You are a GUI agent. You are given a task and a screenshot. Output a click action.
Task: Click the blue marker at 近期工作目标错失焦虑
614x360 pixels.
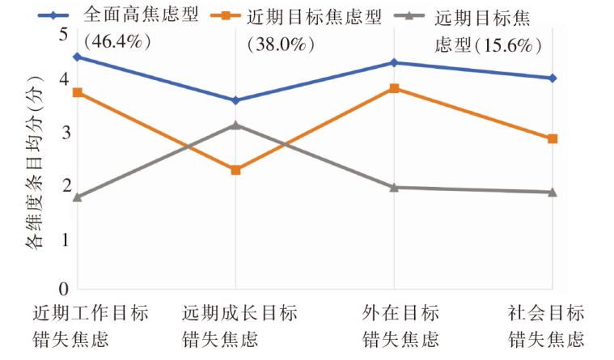[x=77, y=57]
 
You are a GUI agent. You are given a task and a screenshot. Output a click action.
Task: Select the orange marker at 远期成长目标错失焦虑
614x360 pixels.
[x=235, y=170]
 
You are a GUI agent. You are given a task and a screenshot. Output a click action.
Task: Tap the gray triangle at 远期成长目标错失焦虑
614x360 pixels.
[x=235, y=125]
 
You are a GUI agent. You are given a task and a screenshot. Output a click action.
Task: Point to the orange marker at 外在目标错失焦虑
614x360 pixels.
[x=394, y=88]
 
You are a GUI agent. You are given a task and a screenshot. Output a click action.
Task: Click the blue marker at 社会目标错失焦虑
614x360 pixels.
[x=553, y=78]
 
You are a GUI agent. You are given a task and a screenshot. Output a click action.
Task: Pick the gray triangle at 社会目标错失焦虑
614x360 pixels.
[x=553, y=192]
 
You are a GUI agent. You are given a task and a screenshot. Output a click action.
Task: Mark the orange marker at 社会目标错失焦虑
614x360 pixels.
[x=553, y=138]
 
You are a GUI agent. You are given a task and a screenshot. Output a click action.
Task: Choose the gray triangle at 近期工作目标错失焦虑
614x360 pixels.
[x=77, y=197]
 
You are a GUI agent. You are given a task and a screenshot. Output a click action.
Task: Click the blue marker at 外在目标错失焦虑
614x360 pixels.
[x=394, y=62]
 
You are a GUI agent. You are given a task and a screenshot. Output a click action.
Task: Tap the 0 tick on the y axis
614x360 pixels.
[x=62, y=289]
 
